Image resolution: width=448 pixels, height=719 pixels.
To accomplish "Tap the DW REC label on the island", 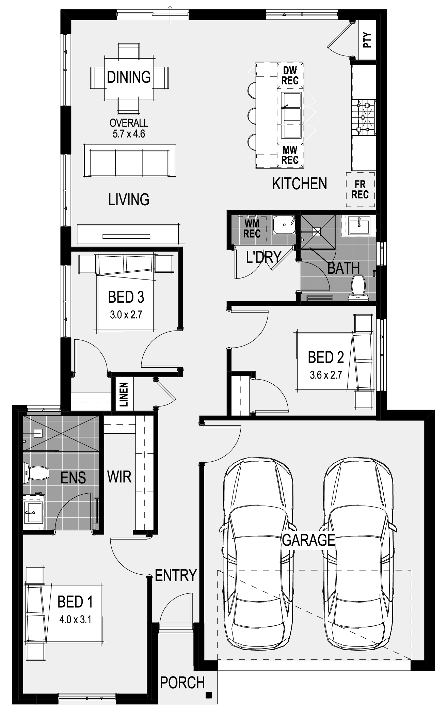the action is [x=290, y=75].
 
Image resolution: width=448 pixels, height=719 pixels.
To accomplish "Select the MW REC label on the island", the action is [x=290, y=155].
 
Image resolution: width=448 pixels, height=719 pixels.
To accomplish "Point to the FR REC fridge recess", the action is [x=360, y=190].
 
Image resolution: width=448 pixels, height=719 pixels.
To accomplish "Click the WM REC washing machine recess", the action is [x=252, y=228].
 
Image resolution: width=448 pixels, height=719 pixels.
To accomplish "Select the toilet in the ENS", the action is [x=35, y=473].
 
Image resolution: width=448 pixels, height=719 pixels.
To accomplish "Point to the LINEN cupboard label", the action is [x=124, y=395].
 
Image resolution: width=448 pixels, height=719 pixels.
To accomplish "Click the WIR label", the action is [x=119, y=477].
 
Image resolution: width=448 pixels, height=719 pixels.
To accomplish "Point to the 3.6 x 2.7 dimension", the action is [x=326, y=375].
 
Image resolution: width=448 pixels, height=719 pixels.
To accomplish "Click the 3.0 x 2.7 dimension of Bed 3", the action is [x=126, y=315].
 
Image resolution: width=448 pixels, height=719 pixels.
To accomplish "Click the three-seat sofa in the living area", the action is [x=130, y=161].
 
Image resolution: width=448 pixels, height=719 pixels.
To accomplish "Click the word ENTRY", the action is [x=176, y=575].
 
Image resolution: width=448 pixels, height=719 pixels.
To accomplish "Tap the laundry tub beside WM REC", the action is [x=284, y=225].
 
